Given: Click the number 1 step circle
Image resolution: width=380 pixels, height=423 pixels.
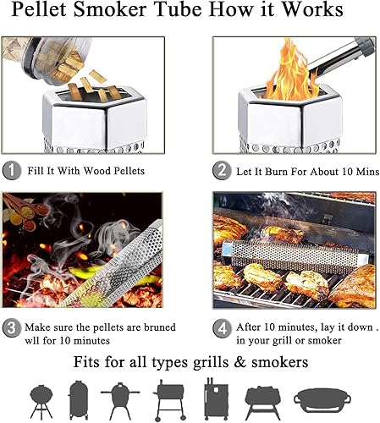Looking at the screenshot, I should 13,170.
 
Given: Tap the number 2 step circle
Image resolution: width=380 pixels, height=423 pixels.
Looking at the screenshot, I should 223,170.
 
